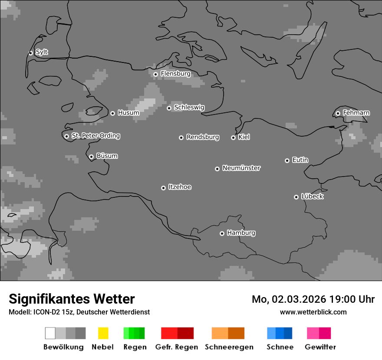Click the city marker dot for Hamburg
coord(222,233)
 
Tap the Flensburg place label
coord(175,74)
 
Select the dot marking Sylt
coord(30,53)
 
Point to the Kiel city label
coord(244,137)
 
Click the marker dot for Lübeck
coord(296,197)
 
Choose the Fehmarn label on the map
coord(356,113)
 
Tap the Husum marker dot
coord(112,113)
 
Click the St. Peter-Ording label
coord(95,136)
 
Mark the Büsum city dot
coord(91,157)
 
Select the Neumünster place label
coord(241,168)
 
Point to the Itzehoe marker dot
coord(163,188)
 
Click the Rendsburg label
coord(203,137)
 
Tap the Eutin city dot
coord(287,160)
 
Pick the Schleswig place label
coord(189,107)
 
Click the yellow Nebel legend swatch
coord(103,333)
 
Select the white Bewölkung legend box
coord(50,333)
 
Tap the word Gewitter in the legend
coord(320,347)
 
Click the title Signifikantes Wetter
coord(72,299)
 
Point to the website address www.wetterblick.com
coord(313,312)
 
